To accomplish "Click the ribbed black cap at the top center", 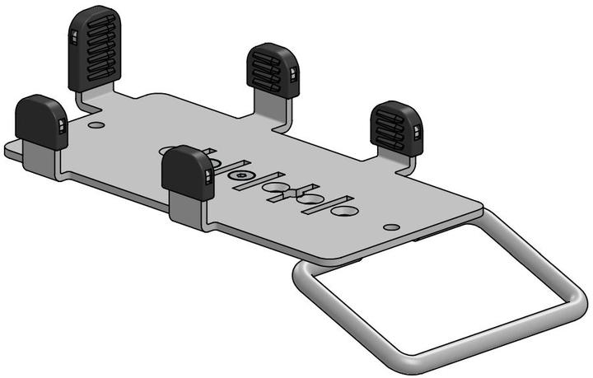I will pos(272,70).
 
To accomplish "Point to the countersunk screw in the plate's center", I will pos(240,175).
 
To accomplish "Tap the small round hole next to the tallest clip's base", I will pos(97,126).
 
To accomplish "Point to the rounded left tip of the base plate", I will pos(9,149).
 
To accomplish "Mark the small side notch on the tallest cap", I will pos(72,38).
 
